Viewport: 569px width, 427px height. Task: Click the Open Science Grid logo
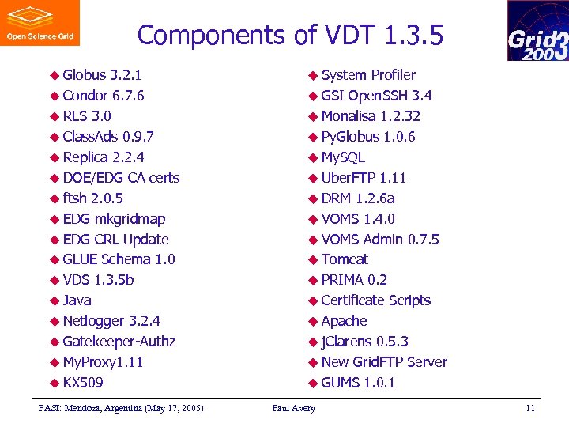(40, 23)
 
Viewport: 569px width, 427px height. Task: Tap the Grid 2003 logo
(537, 31)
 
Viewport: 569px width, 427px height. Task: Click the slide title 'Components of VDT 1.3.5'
(290, 36)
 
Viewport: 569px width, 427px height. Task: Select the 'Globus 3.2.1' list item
(102, 75)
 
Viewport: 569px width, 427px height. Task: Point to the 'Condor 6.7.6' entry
(103, 96)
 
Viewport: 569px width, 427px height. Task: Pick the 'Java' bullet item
(77, 300)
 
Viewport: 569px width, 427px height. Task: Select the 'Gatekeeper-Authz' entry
(119, 342)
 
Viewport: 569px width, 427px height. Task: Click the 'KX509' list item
(83, 383)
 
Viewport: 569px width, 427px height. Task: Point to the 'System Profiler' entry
(368, 75)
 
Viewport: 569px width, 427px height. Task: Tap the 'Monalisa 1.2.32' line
(371, 116)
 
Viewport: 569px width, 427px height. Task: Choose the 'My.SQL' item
(343, 157)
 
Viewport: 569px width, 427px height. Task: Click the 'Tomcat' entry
(345, 259)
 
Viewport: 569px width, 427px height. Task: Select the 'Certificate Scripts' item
(376, 300)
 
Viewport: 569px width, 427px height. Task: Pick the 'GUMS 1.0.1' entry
(358, 383)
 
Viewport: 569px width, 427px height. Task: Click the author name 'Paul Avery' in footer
(293, 408)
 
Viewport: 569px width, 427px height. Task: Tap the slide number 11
(530, 408)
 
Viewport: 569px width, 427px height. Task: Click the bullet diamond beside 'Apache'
(314, 322)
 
